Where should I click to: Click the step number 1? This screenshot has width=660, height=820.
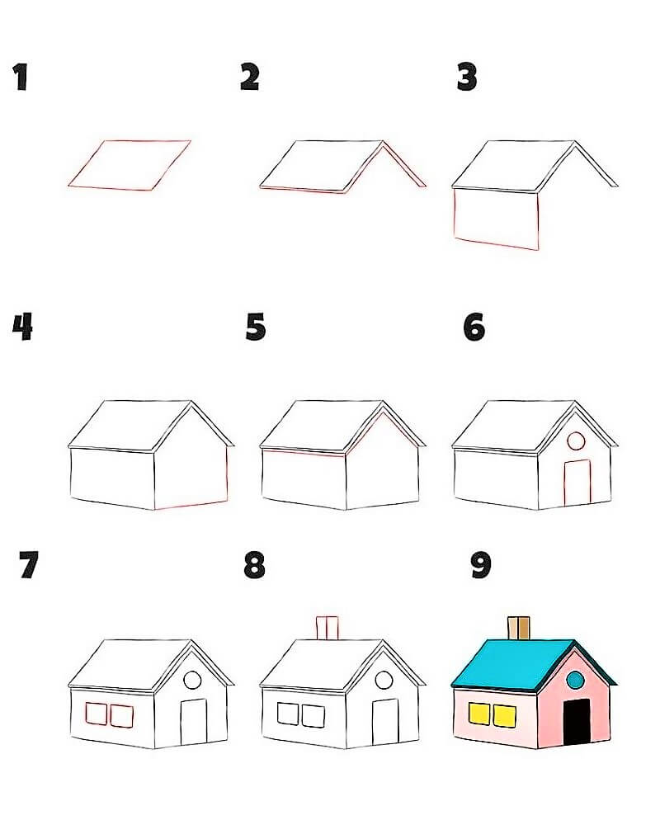[21, 77]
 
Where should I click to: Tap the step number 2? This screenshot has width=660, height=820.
[249, 77]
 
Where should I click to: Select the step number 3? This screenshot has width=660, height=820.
[466, 77]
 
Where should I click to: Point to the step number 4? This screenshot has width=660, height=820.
[22, 327]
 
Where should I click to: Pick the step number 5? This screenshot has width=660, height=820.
[256, 328]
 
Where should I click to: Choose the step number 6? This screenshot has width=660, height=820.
[474, 328]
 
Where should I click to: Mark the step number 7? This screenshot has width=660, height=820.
[29, 565]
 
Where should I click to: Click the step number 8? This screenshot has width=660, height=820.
[255, 565]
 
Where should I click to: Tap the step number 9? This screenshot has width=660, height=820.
[481, 565]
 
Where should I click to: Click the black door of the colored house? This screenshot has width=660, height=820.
[577, 722]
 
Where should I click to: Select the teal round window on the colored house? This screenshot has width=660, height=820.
[575, 680]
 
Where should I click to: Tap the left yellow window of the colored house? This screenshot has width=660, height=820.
[481, 714]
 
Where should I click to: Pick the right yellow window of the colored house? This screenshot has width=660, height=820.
[505, 716]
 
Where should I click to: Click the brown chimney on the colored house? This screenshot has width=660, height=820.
[519, 629]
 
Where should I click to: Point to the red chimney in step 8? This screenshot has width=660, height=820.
[328, 628]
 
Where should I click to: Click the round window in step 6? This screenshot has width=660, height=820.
[576, 441]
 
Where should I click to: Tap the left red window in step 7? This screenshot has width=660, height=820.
[97, 714]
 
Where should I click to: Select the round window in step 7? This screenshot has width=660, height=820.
[192, 681]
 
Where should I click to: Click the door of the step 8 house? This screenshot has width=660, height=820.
[385, 722]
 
